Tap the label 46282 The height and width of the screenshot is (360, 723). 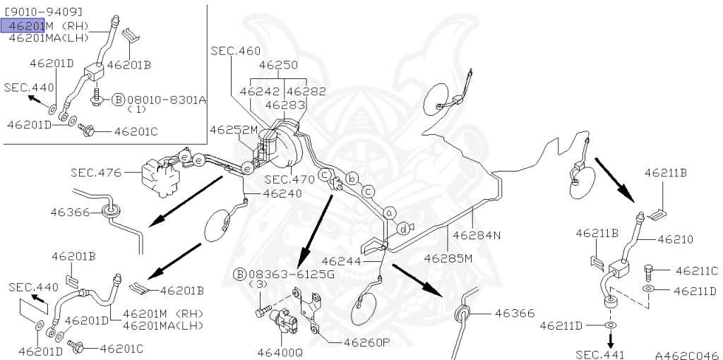(306, 91)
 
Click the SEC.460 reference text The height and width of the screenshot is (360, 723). (235, 51)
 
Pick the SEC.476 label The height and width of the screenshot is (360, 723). (95, 172)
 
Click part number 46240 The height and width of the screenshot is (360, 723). (282, 193)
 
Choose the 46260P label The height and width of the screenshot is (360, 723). (367, 343)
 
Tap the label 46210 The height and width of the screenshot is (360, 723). (676, 239)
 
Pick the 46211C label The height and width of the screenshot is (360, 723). (696, 270)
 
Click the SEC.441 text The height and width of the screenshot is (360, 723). (600, 354)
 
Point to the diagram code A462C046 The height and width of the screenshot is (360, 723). (686, 354)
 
